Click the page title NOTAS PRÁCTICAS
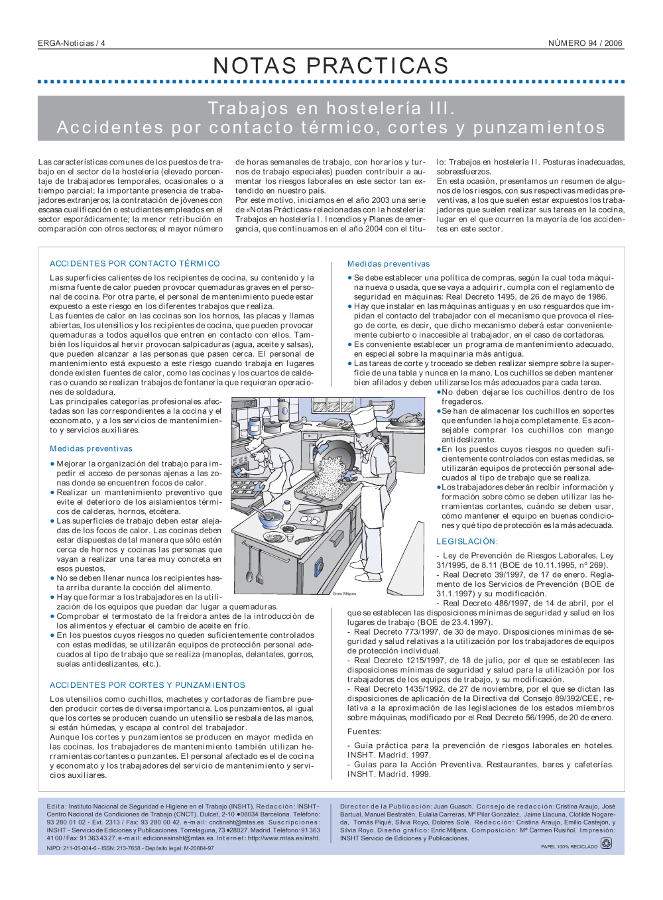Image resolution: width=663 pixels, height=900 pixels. click(x=331, y=66)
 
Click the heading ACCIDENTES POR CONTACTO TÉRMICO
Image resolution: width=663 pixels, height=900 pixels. click(x=135, y=263)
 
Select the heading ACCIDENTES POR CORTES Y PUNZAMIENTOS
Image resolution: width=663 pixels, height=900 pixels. click(x=147, y=684)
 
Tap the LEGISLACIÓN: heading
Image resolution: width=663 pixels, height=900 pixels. click(x=467, y=541)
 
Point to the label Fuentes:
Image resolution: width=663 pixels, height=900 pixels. click(x=364, y=732)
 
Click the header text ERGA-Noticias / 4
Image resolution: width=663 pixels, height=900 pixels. click(x=72, y=43)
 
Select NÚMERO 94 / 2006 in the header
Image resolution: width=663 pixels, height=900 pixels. click(x=585, y=43)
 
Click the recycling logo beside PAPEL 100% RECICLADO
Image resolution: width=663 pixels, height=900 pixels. click(x=606, y=844)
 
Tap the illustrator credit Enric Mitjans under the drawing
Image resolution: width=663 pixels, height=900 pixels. click(x=344, y=594)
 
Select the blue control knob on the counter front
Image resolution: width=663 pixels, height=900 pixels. click(x=319, y=566)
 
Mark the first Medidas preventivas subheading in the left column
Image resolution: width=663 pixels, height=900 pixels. click(x=91, y=448)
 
